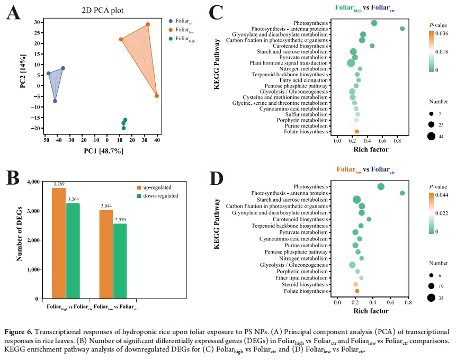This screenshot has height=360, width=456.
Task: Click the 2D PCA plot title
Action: (x=103, y=10)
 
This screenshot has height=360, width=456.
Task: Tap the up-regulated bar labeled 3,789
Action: (x=59, y=244)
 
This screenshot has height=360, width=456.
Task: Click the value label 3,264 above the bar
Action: (x=74, y=200)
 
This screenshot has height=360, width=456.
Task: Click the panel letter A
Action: (x=13, y=13)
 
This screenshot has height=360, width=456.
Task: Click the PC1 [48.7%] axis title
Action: (x=103, y=151)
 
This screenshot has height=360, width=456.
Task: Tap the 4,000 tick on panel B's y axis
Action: (x=33, y=182)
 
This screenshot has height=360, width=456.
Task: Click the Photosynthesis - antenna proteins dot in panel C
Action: (x=403, y=29)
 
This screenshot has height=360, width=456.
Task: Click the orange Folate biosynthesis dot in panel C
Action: (x=357, y=131)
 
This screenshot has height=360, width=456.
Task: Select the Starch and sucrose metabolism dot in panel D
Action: (x=357, y=200)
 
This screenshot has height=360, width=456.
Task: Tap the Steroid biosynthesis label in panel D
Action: (x=305, y=284)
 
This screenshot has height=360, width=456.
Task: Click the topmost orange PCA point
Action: (x=148, y=24)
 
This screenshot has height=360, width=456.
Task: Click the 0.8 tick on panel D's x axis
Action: (x=407, y=302)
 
